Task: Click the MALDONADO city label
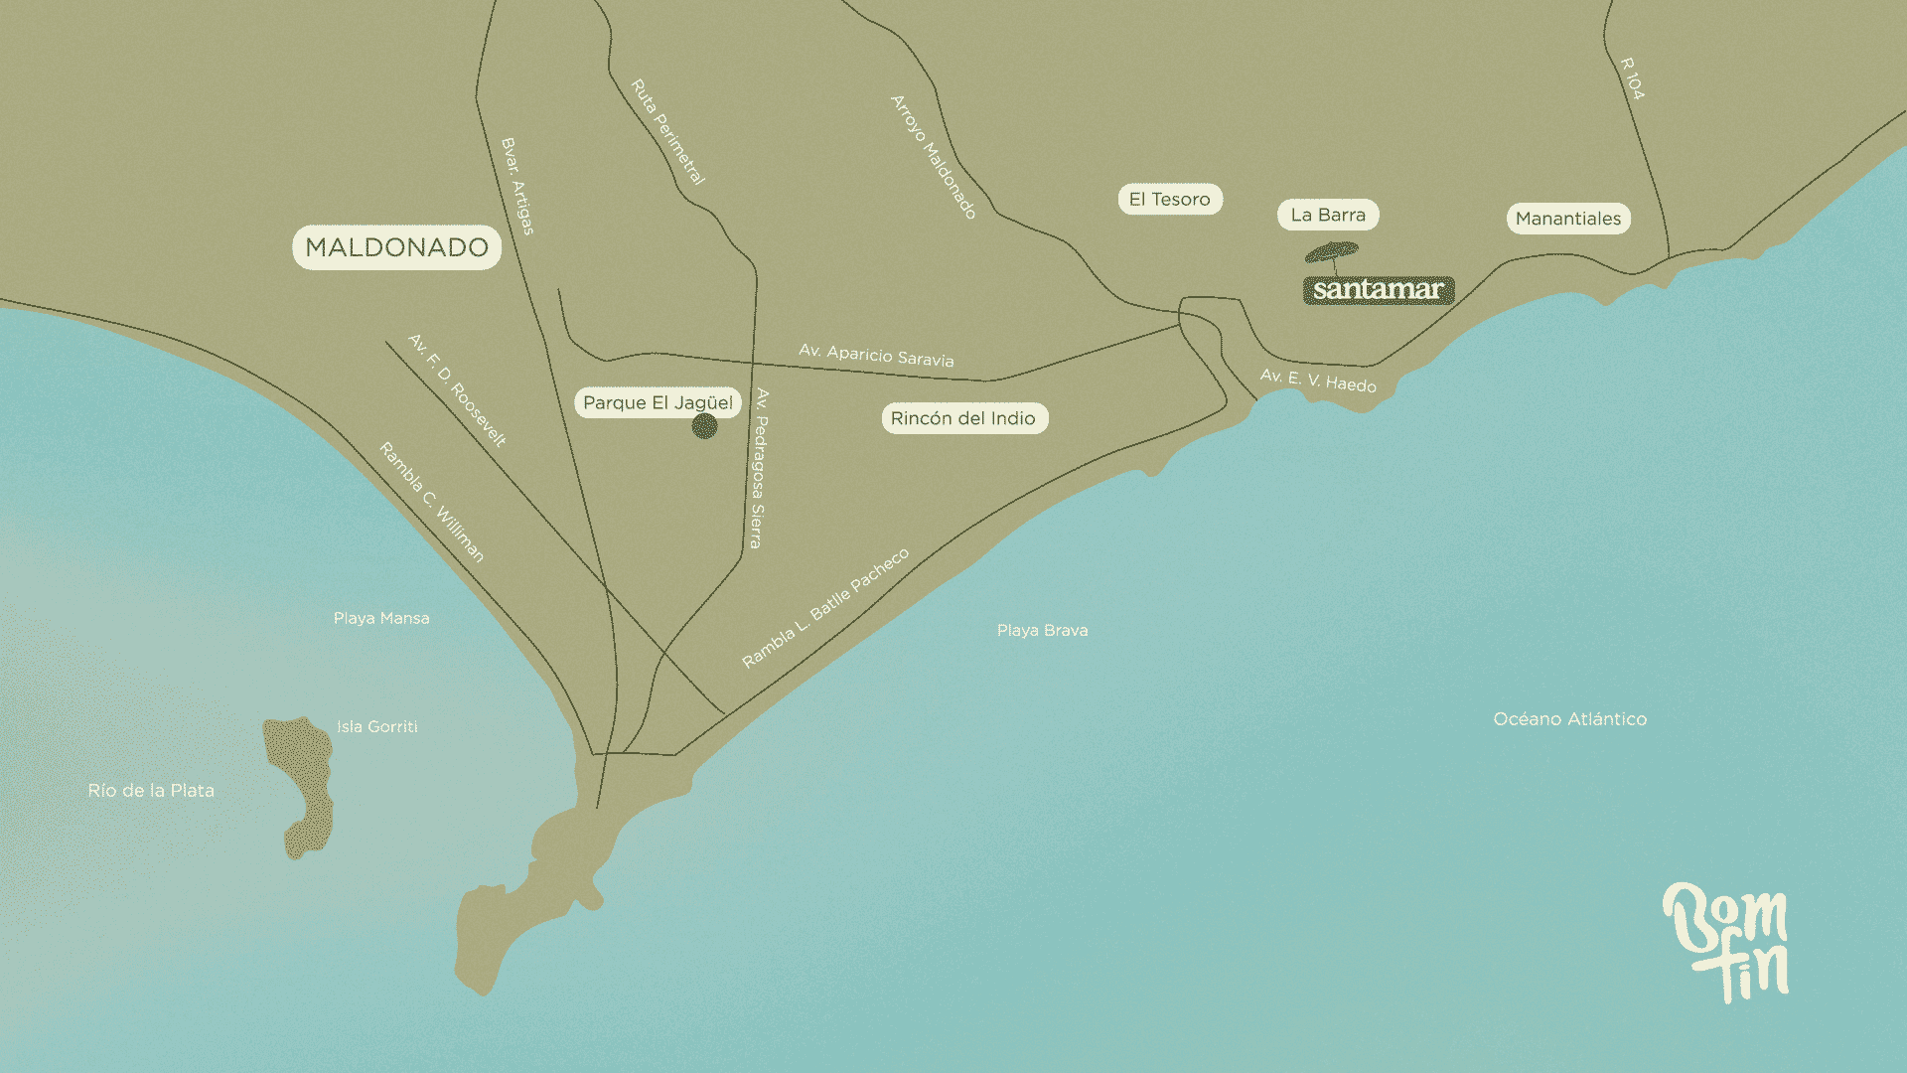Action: (x=396, y=247)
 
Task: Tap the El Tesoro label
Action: (x=1169, y=199)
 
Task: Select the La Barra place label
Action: (x=1328, y=215)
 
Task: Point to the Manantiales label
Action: (x=1568, y=219)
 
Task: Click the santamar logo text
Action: (x=1378, y=290)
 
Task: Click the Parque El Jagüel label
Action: (x=658, y=402)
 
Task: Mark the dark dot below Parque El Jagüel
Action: (x=704, y=427)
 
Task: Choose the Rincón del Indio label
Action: (x=963, y=418)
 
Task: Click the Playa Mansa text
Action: (x=381, y=618)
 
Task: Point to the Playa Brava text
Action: (x=1042, y=630)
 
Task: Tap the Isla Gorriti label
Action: (x=376, y=726)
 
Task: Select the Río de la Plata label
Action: (x=151, y=791)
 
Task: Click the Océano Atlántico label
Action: (x=1569, y=719)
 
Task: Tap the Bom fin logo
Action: (x=1726, y=941)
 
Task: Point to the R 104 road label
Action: (x=1632, y=78)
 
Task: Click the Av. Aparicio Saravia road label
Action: (x=876, y=356)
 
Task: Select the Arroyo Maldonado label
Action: (x=934, y=157)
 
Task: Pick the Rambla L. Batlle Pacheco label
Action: (x=824, y=608)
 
